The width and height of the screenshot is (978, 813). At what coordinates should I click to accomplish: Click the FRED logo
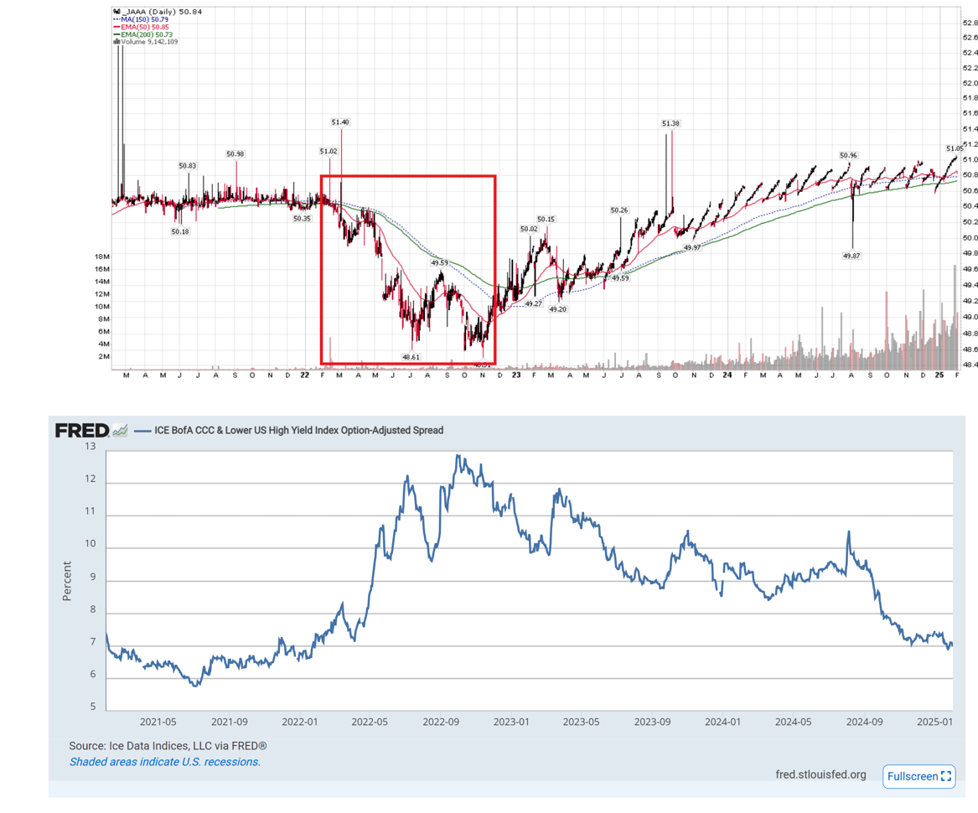coord(82,431)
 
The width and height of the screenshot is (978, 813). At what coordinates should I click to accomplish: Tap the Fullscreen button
coord(919,776)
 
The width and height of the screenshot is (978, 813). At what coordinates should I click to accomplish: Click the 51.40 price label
coord(340,122)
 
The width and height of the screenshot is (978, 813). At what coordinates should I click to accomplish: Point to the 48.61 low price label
coord(411,357)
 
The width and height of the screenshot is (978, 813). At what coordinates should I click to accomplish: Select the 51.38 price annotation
coord(670,123)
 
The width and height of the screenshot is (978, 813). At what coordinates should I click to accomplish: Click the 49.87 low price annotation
coord(851,256)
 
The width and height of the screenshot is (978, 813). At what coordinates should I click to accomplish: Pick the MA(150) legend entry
coord(146,19)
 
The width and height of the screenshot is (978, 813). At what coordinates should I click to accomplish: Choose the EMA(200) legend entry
coord(146,34)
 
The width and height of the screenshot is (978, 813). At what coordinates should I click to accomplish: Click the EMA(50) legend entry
coord(144,27)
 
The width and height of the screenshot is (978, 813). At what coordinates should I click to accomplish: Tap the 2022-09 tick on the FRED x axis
coord(441,722)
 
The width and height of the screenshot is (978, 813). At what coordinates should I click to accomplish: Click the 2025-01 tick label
coord(934,722)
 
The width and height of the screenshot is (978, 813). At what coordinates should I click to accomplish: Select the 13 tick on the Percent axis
coord(90,447)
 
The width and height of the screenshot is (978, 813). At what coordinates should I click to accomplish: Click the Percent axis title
coord(67,582)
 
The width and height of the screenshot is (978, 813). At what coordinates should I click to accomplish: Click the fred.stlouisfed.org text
coord(820,774)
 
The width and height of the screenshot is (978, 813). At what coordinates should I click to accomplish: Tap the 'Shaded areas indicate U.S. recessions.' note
coord(165,762)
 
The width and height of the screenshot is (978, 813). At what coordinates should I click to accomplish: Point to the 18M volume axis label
coord(101,256)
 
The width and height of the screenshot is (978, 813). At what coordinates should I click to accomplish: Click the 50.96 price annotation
coord(848,156)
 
